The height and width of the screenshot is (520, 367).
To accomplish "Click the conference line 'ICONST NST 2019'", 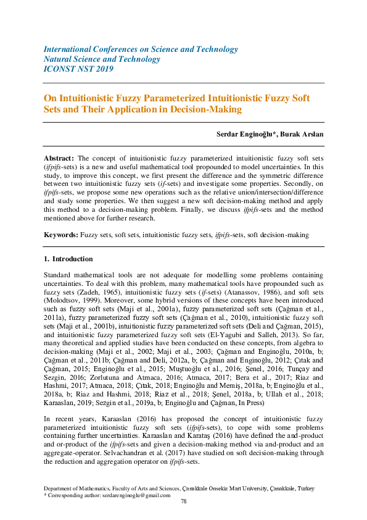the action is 78,69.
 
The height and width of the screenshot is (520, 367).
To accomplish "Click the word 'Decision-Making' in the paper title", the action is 209,109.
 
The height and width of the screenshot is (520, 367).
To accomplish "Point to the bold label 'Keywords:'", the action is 61,235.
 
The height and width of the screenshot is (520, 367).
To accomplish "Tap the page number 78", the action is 183,501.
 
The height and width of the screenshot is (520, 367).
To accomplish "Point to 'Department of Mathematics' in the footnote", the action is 76,488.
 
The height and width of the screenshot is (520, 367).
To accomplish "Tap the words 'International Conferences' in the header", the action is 85,49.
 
